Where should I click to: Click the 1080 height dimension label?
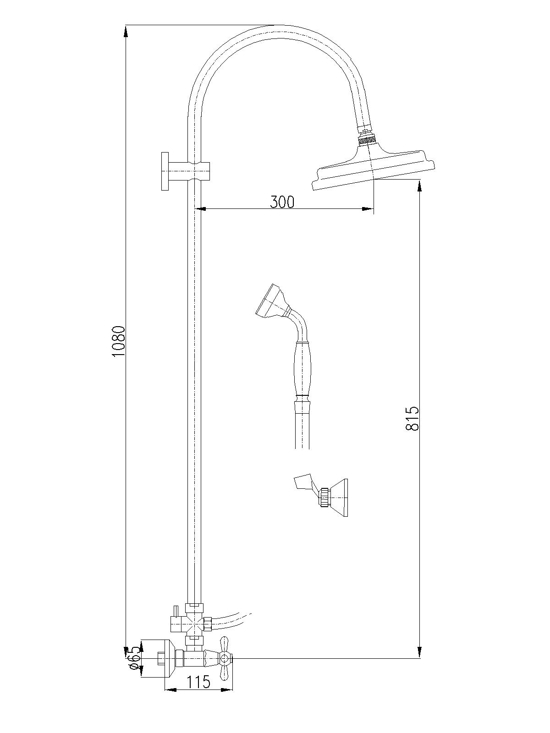pyautogui.click(x=119, y=341)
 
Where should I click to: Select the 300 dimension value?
pyautogui.click(x=282, y=202)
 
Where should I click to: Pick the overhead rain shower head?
pyautogui.click(x=374, y=166)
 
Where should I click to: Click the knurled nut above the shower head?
pyautogui.click(x=367, y=138)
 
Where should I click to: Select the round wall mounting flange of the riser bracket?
pyautogui.click(x=165, y=171)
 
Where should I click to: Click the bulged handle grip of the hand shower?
pyautogui.click(x=302, y=368)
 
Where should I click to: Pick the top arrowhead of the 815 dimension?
pyautogui.click(x=420, y=186)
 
